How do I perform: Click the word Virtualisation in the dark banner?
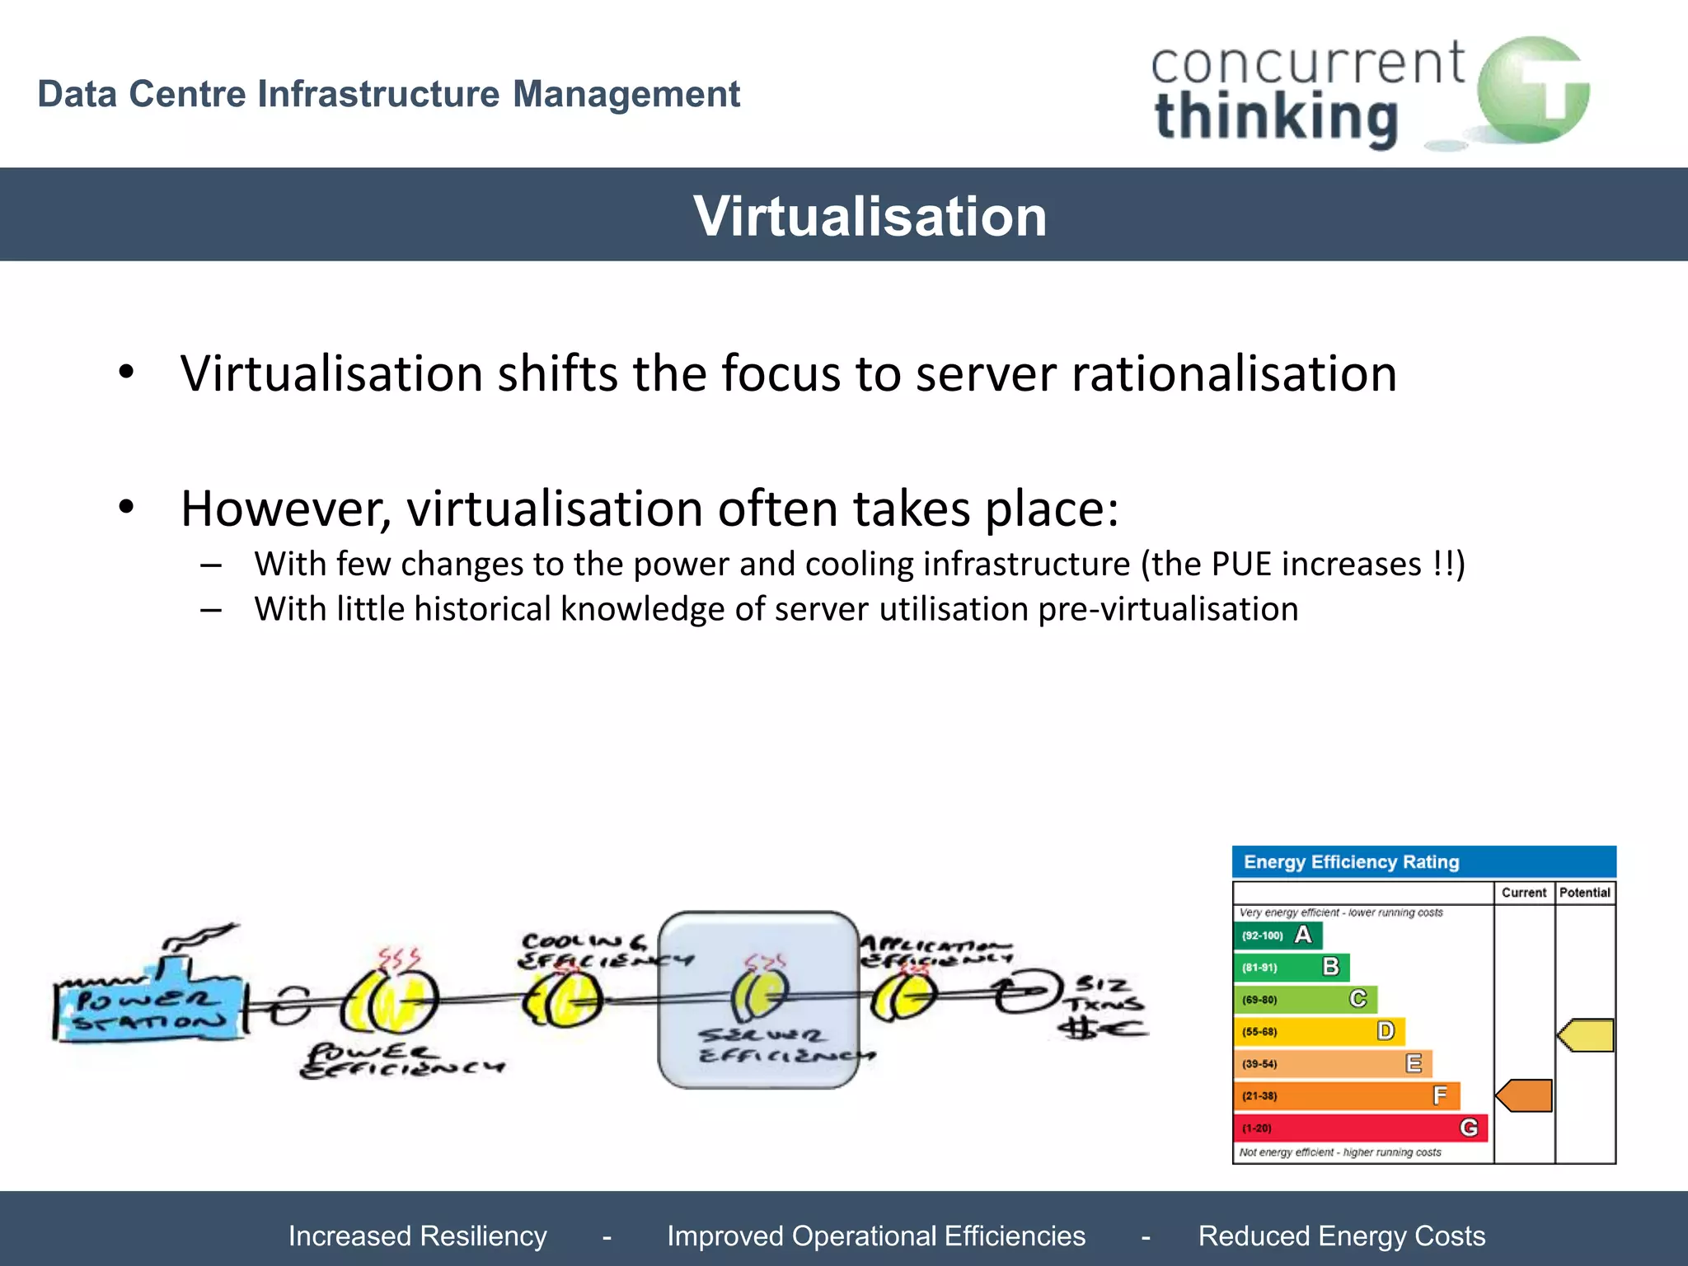(x=870, y=216)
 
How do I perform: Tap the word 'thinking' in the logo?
(x=1276, y=119)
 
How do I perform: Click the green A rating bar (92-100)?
(x=1278, y=935)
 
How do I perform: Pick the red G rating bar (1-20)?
(x=1360, y=1128)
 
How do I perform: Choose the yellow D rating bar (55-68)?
(x=1319, y=1032)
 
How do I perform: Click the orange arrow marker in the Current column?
(x=1524, y=1095)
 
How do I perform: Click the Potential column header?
(x=1584, y=893)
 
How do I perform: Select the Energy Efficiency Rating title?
(x=1352, y=862)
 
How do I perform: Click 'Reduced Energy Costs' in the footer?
(x=1341, y=1236)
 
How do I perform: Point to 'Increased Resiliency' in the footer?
(x=418, y=1236)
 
